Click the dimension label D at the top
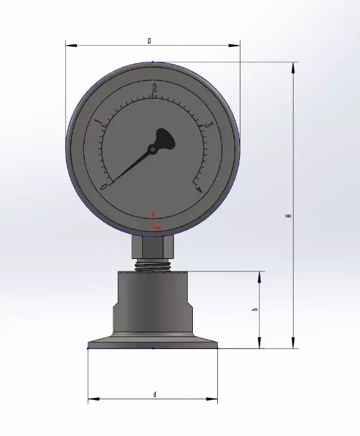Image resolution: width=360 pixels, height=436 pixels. point(149,41)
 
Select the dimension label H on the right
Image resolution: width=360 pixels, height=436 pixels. point(287,215)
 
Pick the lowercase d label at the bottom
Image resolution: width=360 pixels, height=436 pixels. point(154,394)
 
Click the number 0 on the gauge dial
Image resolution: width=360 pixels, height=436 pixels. point(105,186)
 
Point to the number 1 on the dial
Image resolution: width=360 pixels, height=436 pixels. point(98,122)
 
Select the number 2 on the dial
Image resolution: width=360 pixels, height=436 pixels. point(154,88)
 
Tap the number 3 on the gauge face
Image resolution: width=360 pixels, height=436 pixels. point(207,125)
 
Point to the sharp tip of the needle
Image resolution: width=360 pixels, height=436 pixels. point(111,183)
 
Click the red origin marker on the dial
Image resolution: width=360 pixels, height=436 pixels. point(154,223)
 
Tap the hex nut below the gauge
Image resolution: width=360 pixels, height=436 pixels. point(153,250)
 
